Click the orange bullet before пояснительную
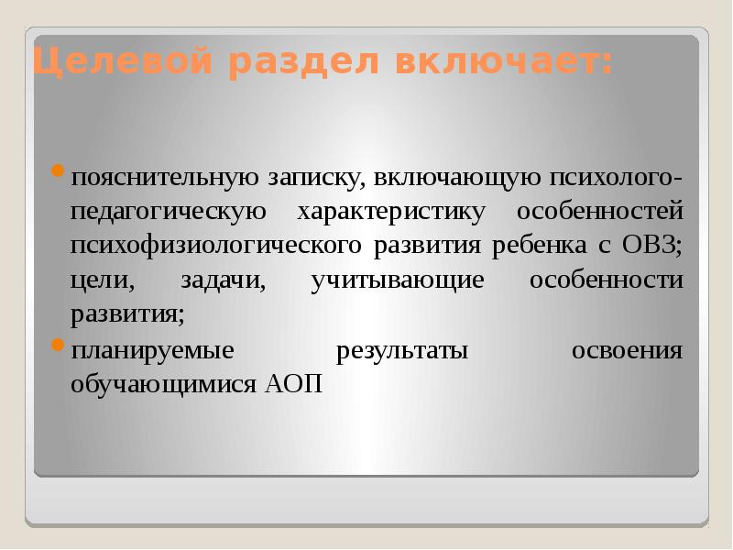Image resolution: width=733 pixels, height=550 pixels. (x=58, y=170)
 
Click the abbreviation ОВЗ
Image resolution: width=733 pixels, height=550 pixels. (x=652, y=246)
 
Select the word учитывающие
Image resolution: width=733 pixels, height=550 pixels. (x=397, y=280)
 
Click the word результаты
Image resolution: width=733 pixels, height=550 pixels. (x=403, y=351)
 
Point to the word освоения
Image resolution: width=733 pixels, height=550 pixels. (x=628, y=351)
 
